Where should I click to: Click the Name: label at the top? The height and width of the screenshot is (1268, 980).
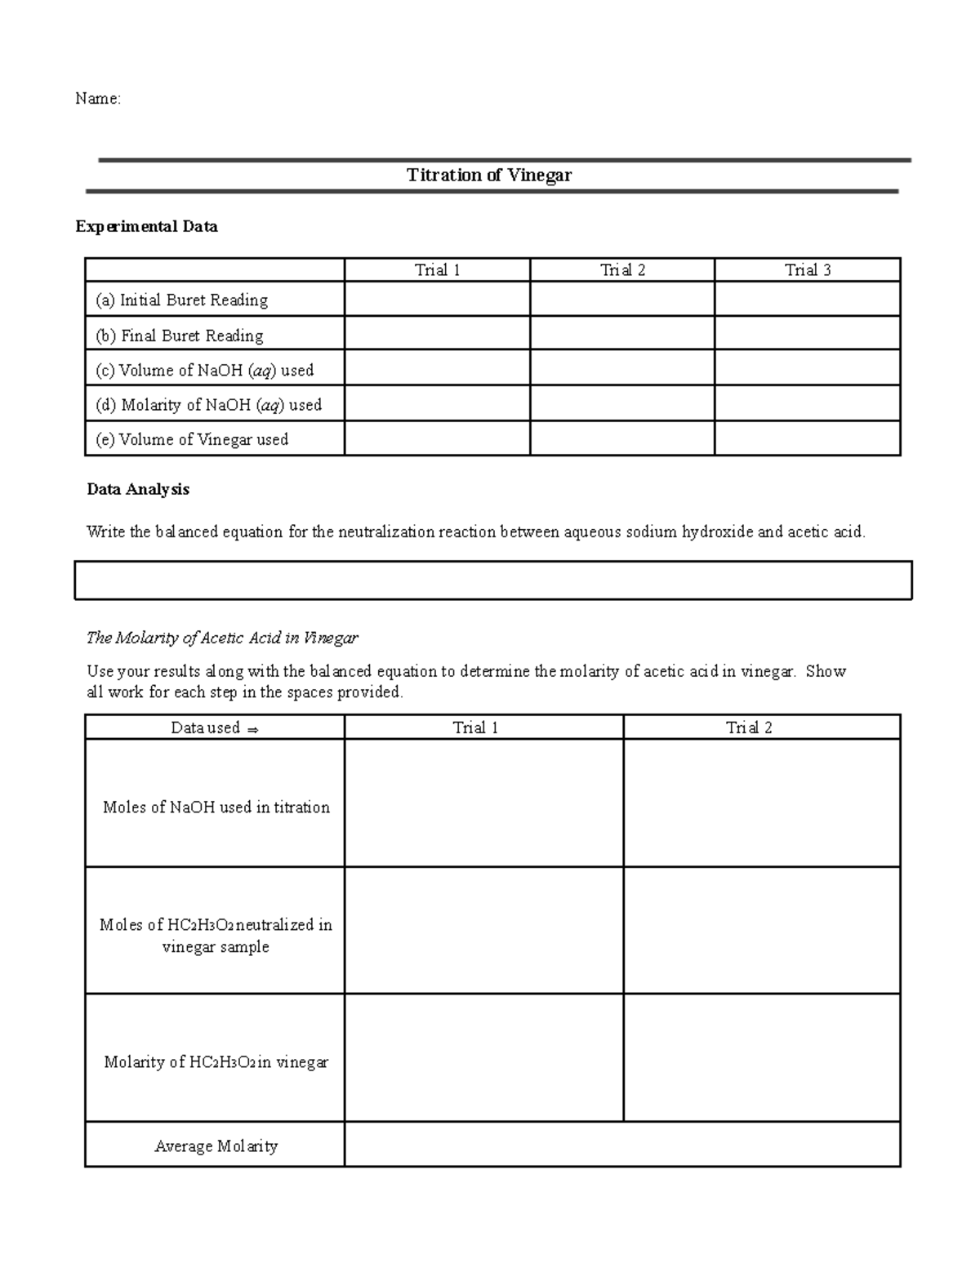[97, 99]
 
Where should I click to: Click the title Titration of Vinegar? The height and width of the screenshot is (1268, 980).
[489, 175]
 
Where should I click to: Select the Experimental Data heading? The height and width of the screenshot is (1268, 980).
[146, 226]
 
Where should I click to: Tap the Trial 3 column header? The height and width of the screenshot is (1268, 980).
[807, 270]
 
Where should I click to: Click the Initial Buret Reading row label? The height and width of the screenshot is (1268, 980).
[181, 300]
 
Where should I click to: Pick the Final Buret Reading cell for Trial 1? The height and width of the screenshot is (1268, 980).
[437, 334]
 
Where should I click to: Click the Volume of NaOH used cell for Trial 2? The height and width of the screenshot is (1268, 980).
[621, 368]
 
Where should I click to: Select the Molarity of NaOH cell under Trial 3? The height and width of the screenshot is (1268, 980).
[807, 403]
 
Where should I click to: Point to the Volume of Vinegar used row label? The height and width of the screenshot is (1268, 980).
[191, 439]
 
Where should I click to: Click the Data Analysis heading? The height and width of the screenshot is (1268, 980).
[138, 489]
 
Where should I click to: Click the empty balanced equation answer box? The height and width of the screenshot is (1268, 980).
[492, 581]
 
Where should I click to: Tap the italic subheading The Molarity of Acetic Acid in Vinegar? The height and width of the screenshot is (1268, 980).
[222, 638]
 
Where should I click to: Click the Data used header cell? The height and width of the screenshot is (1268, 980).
[214, 727]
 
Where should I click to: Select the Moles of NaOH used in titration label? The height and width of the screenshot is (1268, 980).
[216, 807]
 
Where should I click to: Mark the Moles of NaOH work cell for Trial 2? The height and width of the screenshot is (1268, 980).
[761, 803]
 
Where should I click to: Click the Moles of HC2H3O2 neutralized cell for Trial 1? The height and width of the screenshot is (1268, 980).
[483, 930]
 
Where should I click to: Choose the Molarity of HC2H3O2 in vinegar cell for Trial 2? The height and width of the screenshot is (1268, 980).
[761, 1057]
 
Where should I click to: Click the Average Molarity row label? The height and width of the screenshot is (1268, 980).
[216, 1146]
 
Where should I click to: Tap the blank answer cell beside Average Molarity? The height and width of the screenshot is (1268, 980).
[621, 1144]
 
